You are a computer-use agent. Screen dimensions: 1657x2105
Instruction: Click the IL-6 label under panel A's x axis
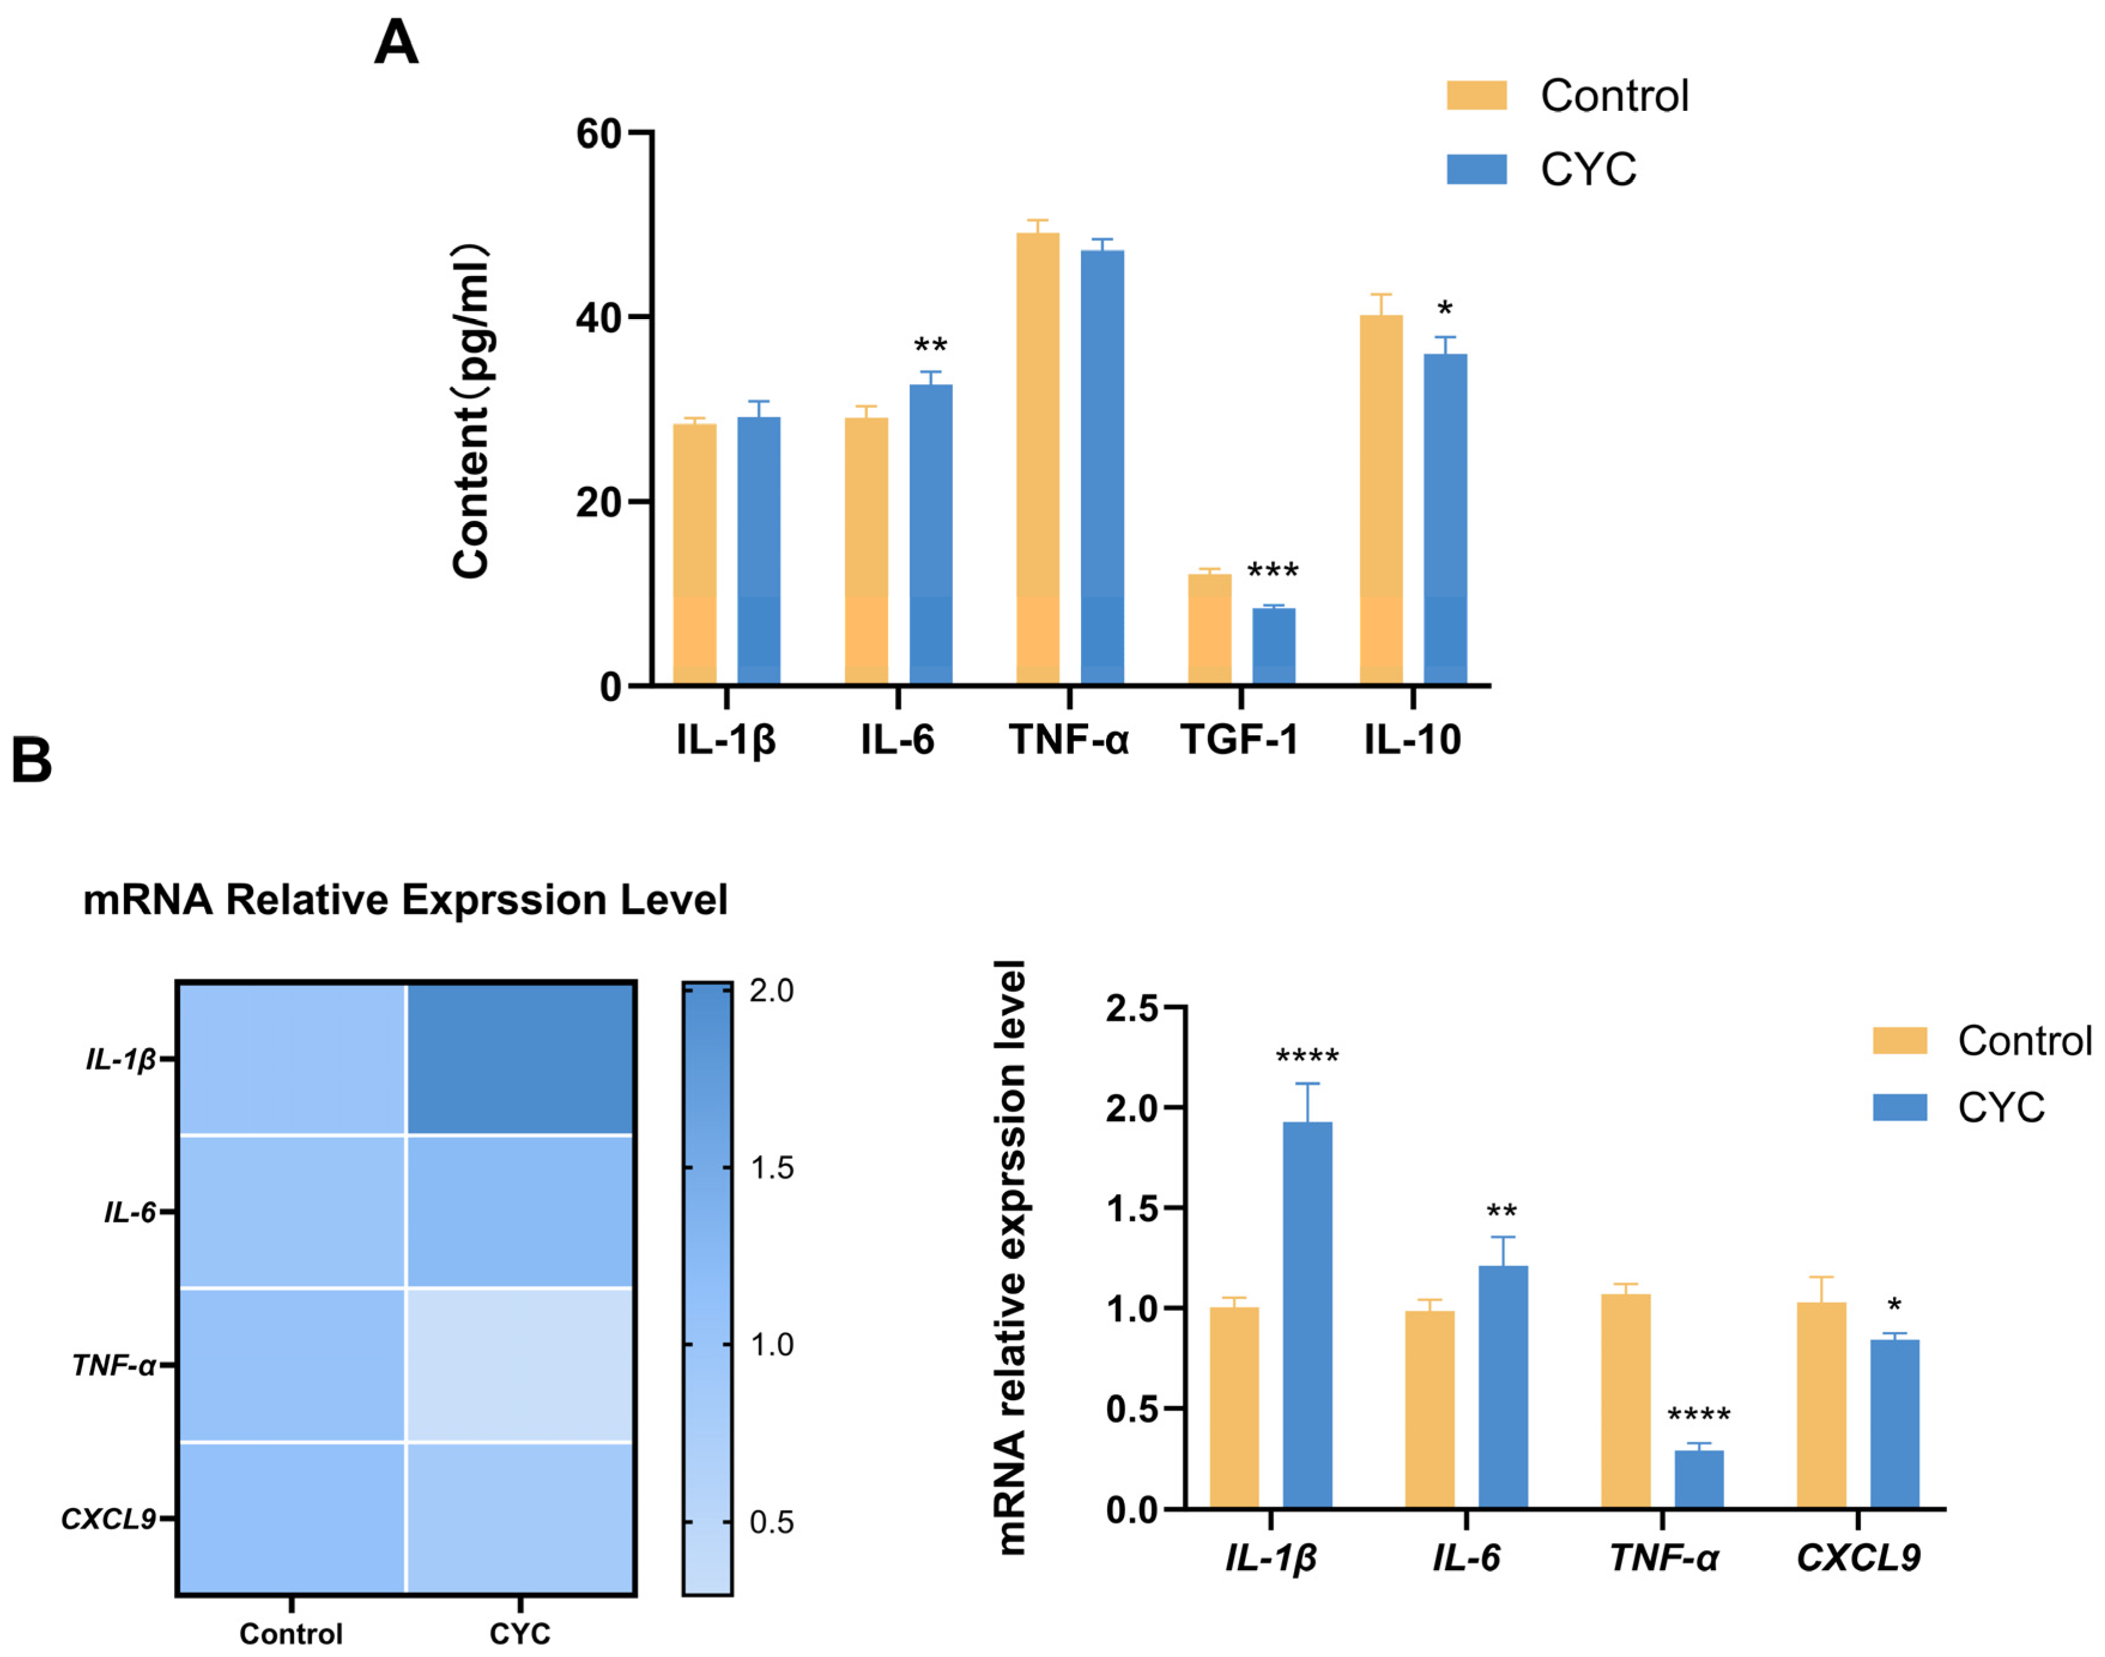(897, 741)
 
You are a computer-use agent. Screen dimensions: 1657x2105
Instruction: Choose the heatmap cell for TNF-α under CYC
(520, 1365)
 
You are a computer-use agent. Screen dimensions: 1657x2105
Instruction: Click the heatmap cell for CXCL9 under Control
(291, 1518)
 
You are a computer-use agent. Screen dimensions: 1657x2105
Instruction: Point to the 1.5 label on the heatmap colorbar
(771, 1168)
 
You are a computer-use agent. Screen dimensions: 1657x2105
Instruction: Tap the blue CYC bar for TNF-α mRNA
(1699, 1479)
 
